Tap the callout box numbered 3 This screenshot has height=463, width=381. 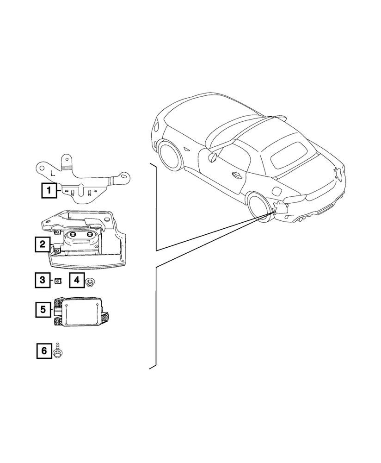pyautogui.click(x=42, y=280)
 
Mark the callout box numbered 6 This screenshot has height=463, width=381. pyautogui.click(x=44, y=350)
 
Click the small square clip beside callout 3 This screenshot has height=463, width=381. pyautogui.click(x=58, y=280)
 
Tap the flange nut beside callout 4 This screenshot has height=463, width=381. pyautogui.click(x=90, y=281)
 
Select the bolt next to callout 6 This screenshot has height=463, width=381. pyautogui.click(x=58, y=350)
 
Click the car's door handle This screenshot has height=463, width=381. pyautogui.click(x=236, y=175)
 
